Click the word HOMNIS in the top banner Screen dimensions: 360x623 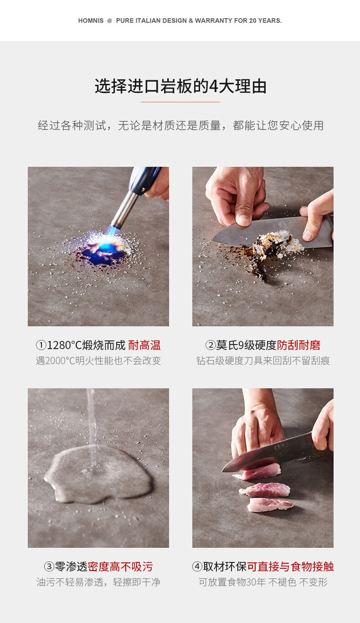(91, 21)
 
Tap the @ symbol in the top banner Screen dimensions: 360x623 (109, 21)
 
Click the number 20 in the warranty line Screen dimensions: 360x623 (253, 21)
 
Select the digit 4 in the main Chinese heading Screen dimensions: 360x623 (214, 86)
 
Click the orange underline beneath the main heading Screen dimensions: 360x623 (181, 102)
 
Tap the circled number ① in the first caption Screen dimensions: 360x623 (41, 345)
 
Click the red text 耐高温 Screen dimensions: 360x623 (144, 345)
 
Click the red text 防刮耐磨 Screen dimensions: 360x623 (298, 345)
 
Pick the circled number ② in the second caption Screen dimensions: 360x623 (211, 345)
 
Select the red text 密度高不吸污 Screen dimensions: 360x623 (120, 566)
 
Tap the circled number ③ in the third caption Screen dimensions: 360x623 (49, 567)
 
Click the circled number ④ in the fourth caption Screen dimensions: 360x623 (197, 567)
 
